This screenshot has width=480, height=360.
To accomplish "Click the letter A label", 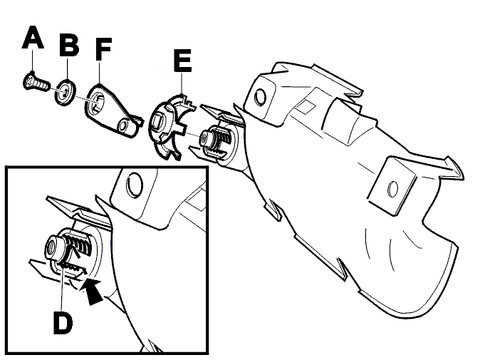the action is [x=33, y=37].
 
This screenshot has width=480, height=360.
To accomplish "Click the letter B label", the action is [x=69, y=45].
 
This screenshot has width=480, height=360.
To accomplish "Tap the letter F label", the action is [x=103, y=48].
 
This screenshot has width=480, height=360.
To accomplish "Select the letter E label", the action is [x=182, y=60].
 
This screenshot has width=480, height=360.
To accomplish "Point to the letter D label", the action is [x=63, y=323].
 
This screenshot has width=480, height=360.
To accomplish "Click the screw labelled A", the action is [x=36, y=81].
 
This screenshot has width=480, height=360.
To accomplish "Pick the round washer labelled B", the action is [x=66, y=92].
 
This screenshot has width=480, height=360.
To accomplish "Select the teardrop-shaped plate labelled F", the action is [x=113, y=110].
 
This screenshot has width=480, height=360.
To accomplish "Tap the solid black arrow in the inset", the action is [x=92, y=291].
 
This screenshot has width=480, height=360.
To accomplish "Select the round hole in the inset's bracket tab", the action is [x=134, y=185].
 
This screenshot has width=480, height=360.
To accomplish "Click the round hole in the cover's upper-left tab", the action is [x=261, y=97].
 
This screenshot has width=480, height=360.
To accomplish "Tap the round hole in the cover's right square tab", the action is [x=392, y=189].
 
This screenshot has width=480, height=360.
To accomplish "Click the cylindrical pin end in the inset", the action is [x=53, y=247].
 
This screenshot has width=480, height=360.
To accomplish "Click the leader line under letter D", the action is [x=62, y=288].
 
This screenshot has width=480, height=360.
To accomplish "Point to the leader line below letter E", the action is [x=182, y=83].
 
